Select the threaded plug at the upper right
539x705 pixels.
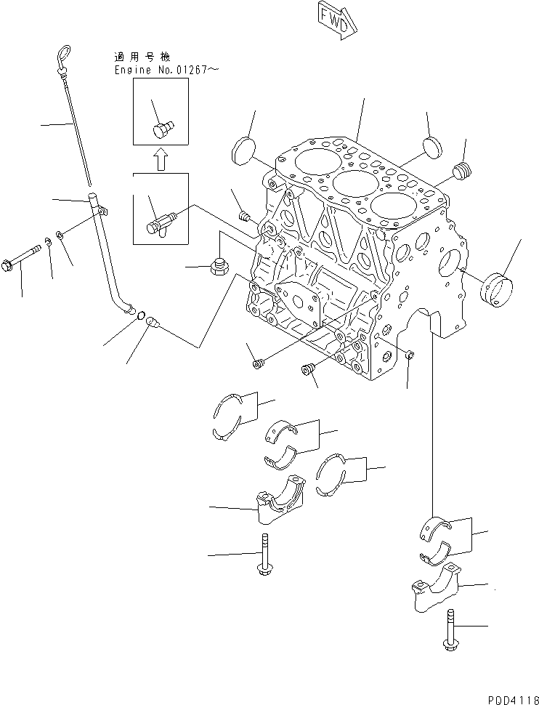pos(462,173)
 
